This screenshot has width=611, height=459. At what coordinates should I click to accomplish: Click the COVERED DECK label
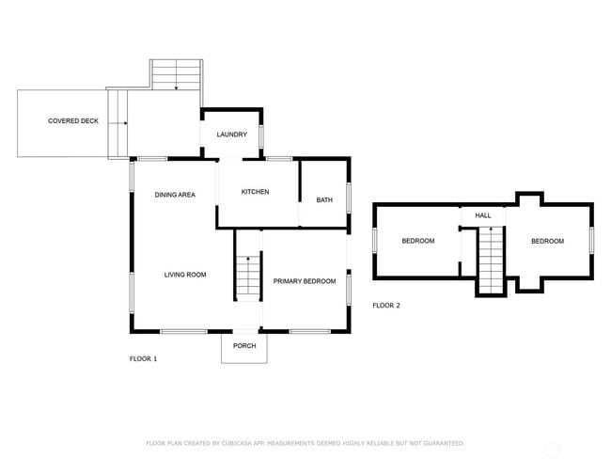point(73,121)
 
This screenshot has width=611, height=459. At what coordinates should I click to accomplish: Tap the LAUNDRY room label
point(231,135)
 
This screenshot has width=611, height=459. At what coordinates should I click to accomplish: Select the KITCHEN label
point(255,192)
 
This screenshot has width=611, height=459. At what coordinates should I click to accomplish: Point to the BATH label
point(324,199)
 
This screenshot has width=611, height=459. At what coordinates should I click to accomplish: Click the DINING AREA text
point(175,195)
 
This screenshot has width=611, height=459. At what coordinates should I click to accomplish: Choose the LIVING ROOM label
point(185,275)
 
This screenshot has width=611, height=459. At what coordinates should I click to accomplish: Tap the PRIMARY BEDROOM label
point(305,281)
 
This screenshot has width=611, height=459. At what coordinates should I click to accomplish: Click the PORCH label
point(244,346)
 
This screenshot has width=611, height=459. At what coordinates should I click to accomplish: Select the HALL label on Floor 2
point(483,215)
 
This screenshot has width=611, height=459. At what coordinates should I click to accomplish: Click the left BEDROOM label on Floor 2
point(418,242)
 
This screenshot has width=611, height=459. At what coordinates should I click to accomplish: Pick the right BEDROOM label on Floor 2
point(547,242)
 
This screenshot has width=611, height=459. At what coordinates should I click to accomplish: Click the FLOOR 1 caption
point(143,359)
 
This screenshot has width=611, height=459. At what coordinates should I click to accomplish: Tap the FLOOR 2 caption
point(386,306)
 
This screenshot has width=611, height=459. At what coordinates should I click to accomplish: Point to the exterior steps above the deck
point(177,75)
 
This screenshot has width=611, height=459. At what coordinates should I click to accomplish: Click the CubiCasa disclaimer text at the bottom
point(305,443)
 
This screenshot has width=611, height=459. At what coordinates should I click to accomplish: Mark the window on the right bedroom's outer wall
point(592,240)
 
